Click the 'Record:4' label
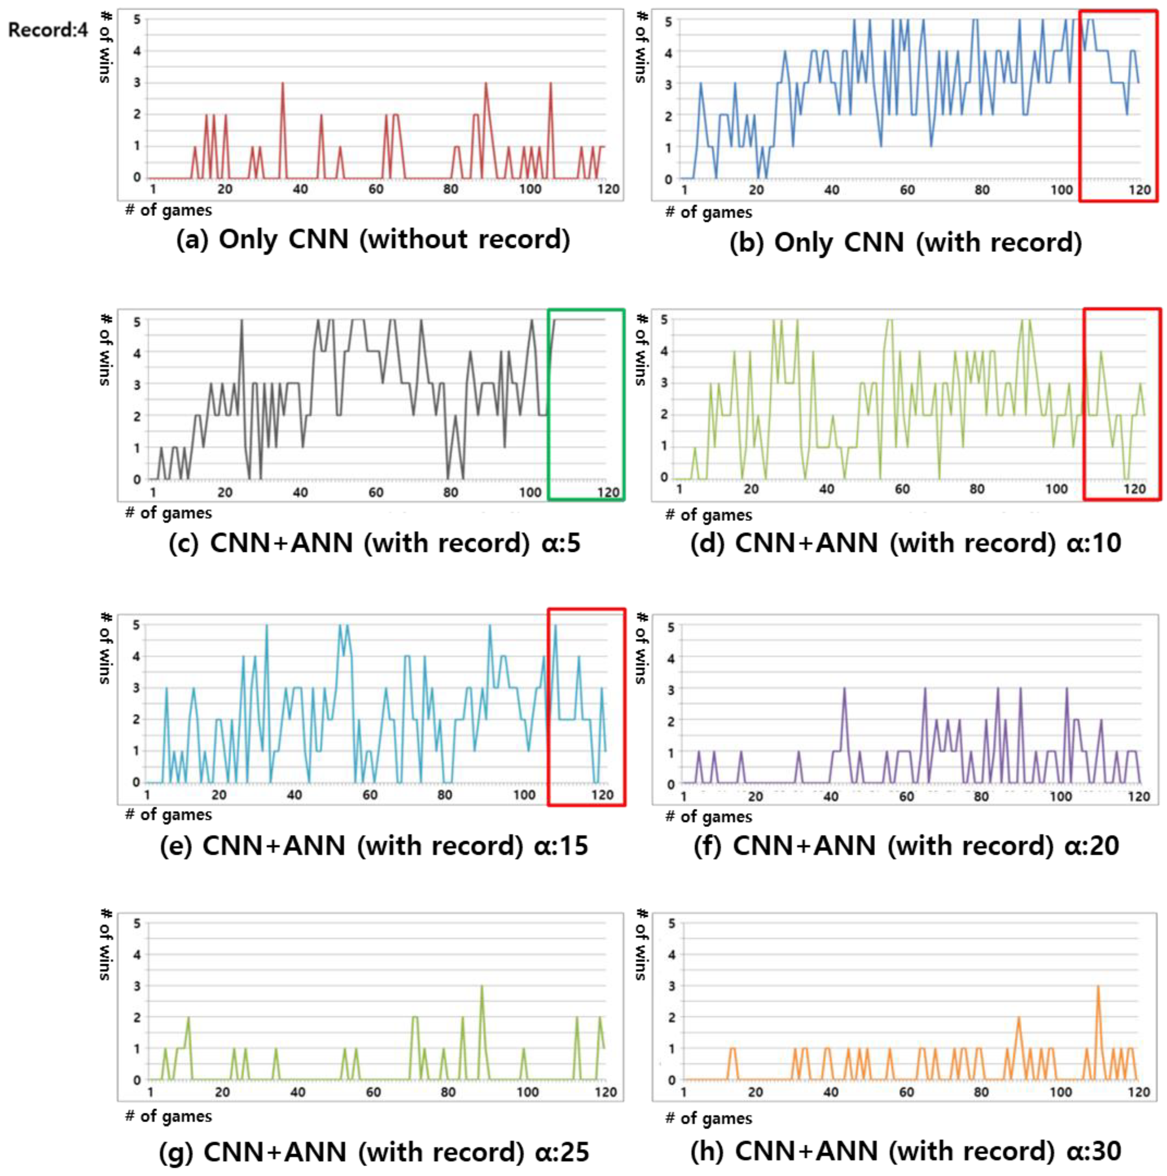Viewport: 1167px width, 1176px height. click(x=48, y=29)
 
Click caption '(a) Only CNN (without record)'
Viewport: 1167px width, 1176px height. click(x=373, y=239)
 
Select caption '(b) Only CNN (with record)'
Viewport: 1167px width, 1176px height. click(x=906, y=242)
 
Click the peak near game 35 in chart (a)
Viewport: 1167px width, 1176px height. click(x=283, y=84)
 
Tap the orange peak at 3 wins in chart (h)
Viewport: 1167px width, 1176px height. click(x=1098, y=986)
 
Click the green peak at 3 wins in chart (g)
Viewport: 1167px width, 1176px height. click(x=481, y=986)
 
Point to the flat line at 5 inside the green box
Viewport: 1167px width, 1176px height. click(x=582, y=319)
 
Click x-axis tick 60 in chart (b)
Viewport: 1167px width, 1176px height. click(x=907, y=190)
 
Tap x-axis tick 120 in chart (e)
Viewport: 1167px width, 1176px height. click(x=603, y=794)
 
